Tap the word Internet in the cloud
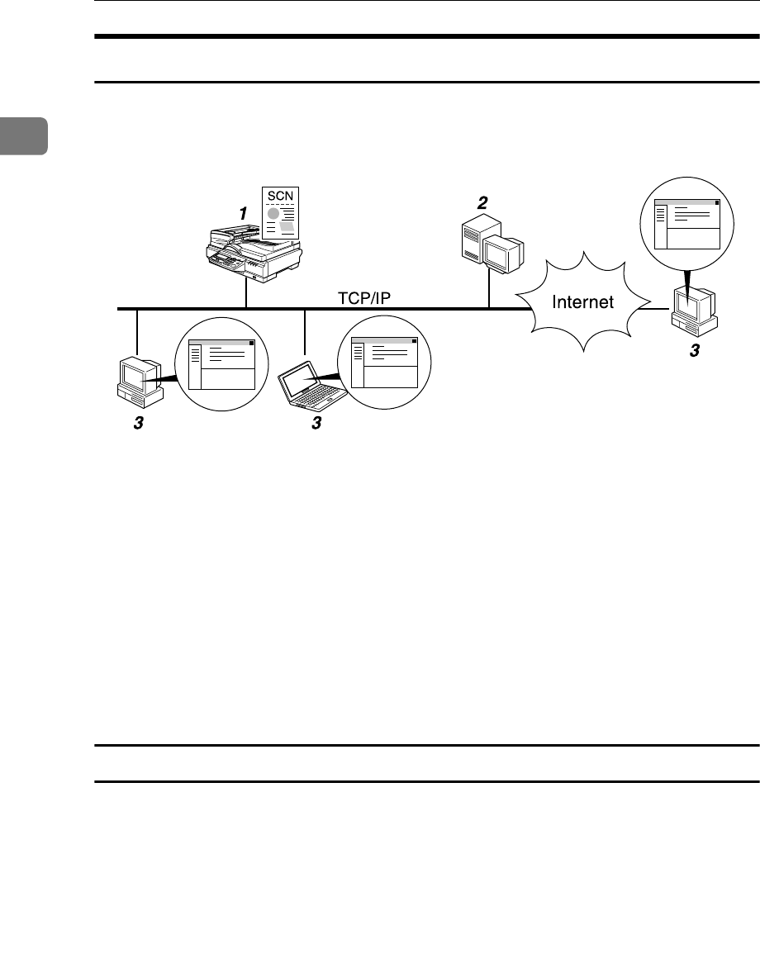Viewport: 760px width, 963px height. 584,302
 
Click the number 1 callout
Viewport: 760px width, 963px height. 243,213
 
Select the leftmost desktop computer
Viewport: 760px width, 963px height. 139,380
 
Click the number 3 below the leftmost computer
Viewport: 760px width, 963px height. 138,424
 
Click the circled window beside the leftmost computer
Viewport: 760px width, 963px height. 221,364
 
